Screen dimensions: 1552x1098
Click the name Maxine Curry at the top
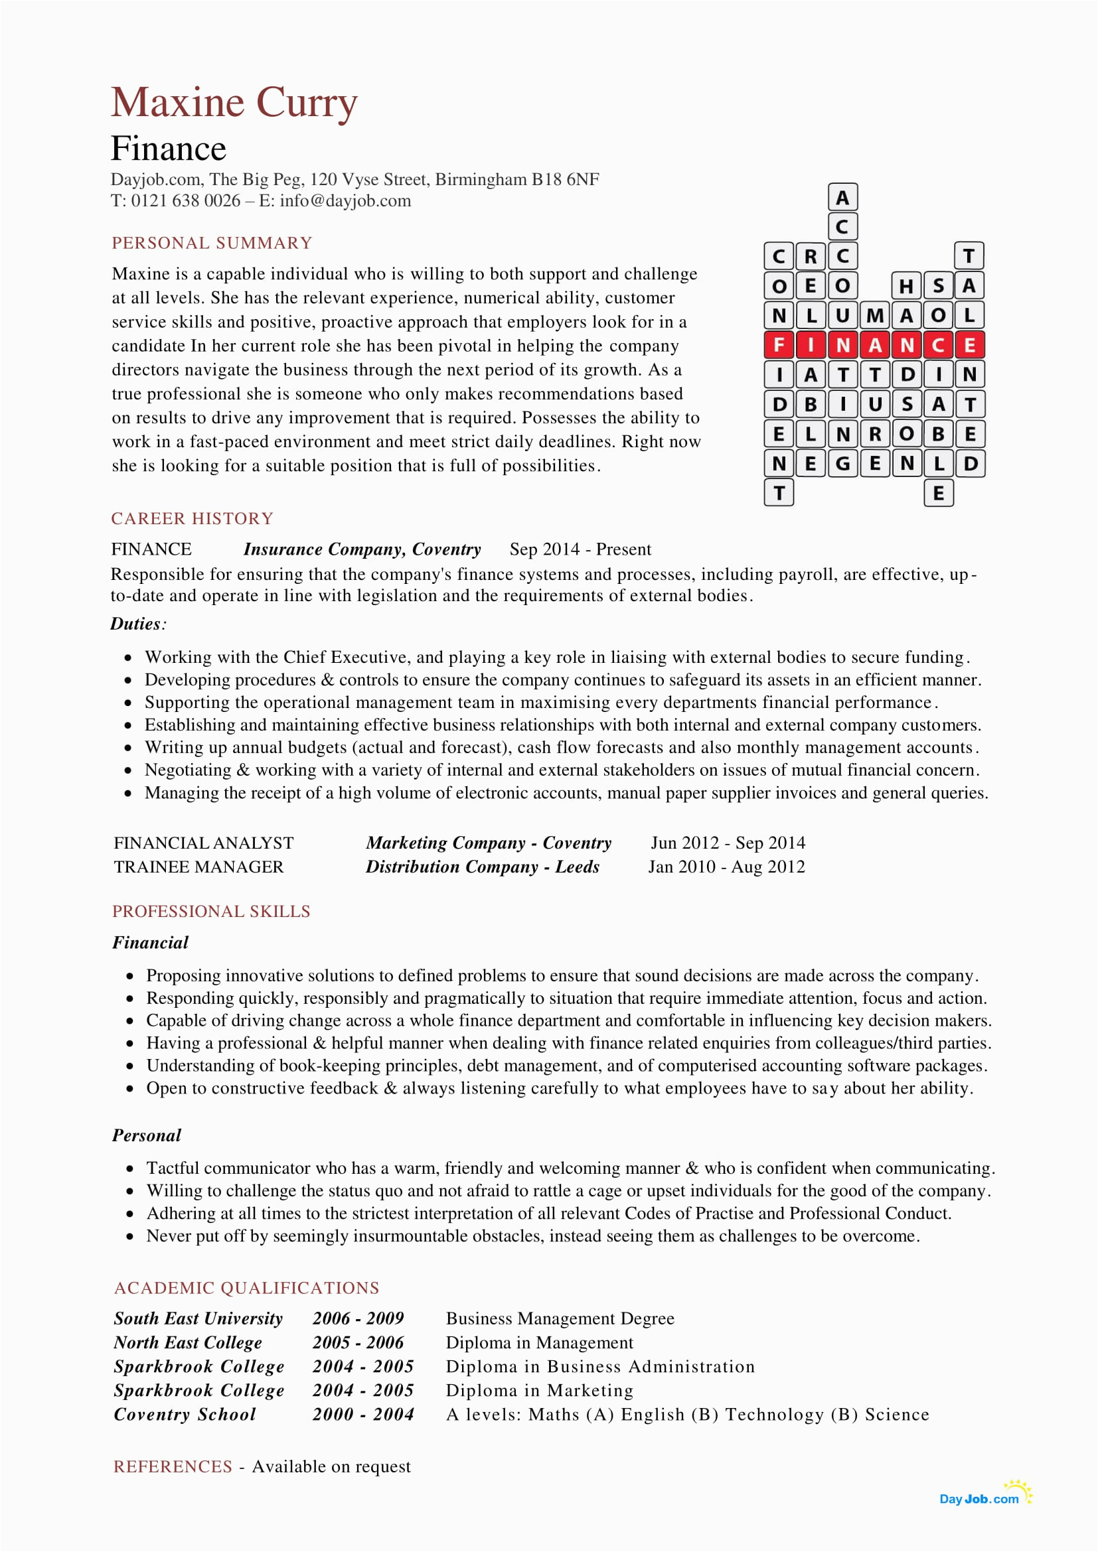point(234,103)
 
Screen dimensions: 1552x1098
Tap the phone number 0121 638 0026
point(185,201)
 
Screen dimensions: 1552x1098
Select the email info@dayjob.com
point(345,201)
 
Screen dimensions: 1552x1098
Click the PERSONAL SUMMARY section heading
point(212,243)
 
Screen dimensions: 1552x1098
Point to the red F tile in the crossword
point(778,345)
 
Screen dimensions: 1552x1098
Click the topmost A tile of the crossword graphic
point(842,197)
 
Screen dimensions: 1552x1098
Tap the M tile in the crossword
point(875,315)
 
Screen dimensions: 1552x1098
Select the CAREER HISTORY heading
point(192,518)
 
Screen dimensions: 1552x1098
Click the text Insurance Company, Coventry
point(362,549)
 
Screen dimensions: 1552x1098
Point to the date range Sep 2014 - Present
point(580,549)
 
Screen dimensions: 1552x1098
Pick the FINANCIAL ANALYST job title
point(204,843)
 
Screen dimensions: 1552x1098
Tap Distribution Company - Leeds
point(482,867)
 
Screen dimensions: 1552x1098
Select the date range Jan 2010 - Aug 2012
point(726,867)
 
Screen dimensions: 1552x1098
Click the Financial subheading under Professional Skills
point(150,942)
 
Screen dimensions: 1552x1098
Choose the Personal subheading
point(147,1135)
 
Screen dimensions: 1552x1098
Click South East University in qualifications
point(198,1318)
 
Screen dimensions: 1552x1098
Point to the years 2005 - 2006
point(358,1342)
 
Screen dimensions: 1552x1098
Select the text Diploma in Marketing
point(539,1391)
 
